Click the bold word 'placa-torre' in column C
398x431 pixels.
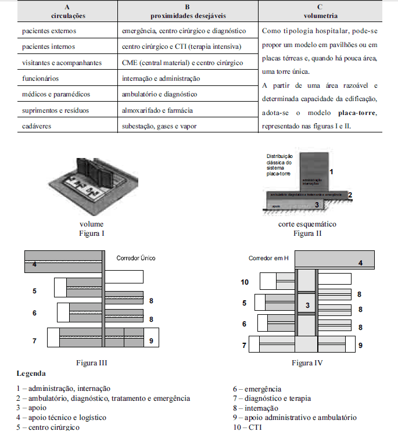pyautogui.click(x=356, y=114)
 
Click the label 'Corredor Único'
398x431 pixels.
pyautogui.click(x=136, y=257)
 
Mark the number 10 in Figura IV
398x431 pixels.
pyautogui.click(x=245, y=282)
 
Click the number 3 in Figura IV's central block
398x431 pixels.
pyautogui.click(x=309, y=306)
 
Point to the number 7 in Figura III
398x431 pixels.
pyautogui.click(x=34, y=341)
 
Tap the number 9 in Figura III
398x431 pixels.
pyautogui.click(x=151, y=341)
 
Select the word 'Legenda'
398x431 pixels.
pyautogui.click(x=31, y=373)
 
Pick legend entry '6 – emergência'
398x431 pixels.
pyautogui.click(x=256, y=389)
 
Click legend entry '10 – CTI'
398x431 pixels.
pyautogui.click(x=247, y=427)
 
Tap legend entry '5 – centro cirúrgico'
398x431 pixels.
pyautogui.click(x=48, y=427)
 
